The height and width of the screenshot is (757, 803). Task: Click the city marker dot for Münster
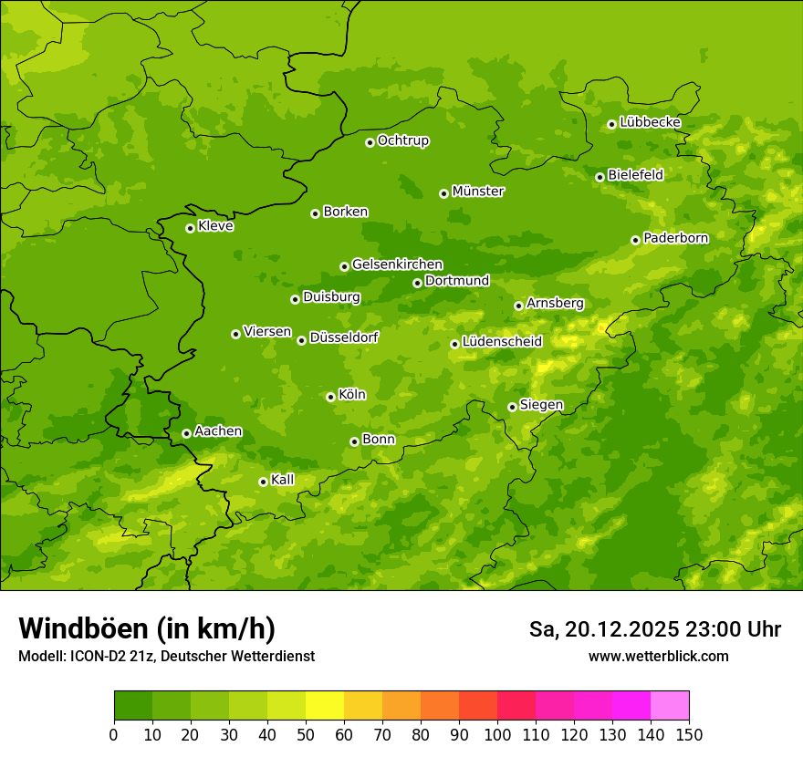point(443,193)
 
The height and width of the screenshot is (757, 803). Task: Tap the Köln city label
point(351,395)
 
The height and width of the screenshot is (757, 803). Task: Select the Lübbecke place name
point(650,122)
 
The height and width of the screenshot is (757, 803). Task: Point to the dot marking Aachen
point(186,433)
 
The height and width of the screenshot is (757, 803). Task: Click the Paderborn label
point(675,238)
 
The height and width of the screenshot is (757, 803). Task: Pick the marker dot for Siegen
point(512,407)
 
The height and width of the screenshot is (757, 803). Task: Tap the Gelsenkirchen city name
point(397,264)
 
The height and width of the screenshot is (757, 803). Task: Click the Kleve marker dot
point(190,228)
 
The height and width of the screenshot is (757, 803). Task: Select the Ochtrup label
point(402,140)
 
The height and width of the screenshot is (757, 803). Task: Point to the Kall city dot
point(263,482)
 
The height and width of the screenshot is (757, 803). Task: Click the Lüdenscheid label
point(502,342)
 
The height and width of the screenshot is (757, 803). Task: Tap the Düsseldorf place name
point(343,337)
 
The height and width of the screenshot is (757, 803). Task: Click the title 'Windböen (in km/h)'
point(147,628)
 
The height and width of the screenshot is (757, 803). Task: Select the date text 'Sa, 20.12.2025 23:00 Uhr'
point(654,629)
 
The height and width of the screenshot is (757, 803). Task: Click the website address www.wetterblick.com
point(658,656)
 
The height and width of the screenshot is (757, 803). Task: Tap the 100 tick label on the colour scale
point(497,734)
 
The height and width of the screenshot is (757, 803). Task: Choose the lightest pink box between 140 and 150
point(670,706)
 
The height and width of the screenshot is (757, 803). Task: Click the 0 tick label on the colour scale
point(114,734)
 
